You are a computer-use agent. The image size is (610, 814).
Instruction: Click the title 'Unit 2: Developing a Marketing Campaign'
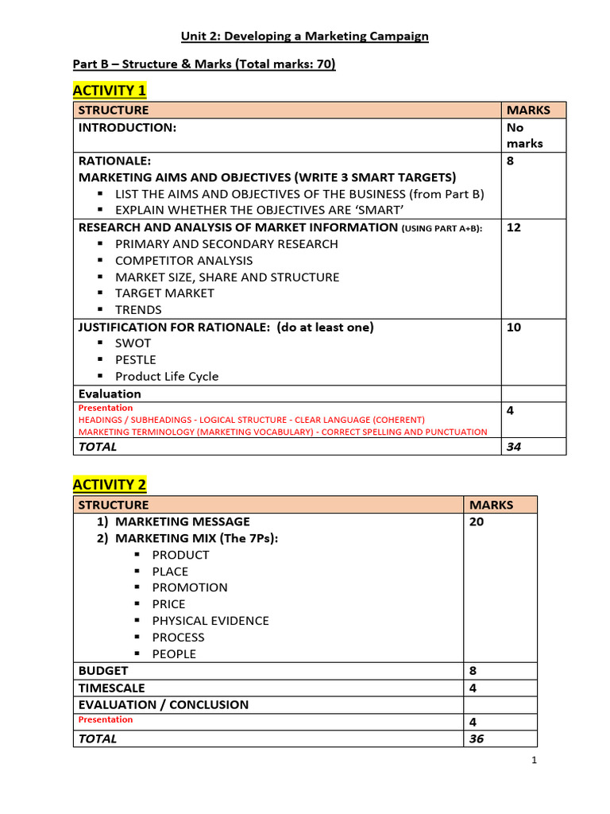click(305, 36)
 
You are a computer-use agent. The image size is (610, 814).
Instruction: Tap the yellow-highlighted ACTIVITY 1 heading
click(110, 90)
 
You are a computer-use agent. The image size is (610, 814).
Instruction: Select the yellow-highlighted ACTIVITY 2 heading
click(110, 485)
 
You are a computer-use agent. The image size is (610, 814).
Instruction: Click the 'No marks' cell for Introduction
click(525, 135)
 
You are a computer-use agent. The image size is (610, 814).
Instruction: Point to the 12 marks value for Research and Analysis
click(514, 227)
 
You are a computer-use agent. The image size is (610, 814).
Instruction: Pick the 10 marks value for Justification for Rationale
click(514, 327)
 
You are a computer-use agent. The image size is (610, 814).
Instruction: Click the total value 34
click(514, 447)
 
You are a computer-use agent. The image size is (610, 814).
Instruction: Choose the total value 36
click(477, 738)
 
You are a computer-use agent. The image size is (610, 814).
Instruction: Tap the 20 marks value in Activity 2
click(477, 521)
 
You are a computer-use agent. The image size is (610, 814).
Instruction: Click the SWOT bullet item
click(133, 343)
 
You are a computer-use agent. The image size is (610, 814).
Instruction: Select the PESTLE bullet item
click(136, 360)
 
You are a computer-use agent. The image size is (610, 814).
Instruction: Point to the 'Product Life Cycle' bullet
click(167, 377)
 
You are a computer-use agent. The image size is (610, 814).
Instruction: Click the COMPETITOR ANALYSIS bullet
click(183, 261)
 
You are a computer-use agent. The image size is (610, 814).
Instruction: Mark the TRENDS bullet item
click(138, 310)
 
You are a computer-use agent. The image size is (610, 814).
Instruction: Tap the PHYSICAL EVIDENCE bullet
click(210, 621)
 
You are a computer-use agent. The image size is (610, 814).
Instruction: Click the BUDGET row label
click(103, 671)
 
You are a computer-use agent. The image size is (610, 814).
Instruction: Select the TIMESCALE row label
click(112, 688)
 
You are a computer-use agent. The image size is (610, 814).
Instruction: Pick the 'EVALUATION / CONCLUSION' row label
click(164, 704)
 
